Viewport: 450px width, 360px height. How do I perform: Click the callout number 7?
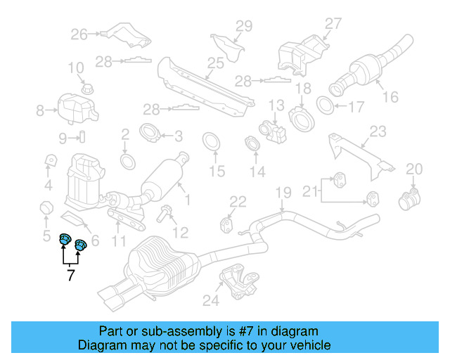point(70,276)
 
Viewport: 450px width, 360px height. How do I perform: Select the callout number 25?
point(215,63)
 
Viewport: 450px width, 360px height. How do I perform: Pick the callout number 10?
point(75,68)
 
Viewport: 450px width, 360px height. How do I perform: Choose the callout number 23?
point(378,131)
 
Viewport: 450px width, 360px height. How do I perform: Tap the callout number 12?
point(181,231)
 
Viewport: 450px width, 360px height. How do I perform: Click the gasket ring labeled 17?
point(326,107)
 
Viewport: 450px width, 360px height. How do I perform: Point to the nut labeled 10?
point(88,88)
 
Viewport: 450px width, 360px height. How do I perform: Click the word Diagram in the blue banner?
point(101,345)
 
